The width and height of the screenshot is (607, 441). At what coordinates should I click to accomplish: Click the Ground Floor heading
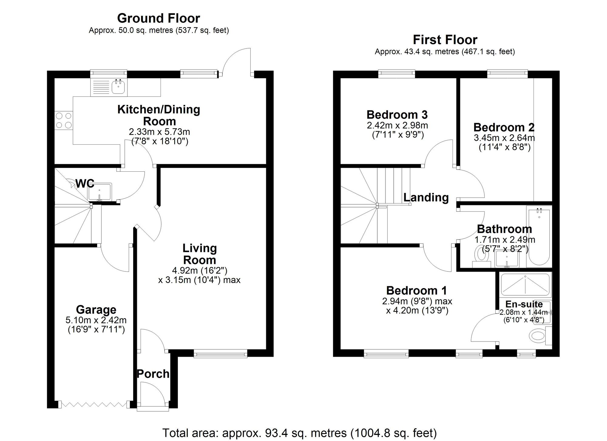pos(158,19)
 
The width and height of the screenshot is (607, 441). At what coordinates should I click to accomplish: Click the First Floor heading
pos(445,40)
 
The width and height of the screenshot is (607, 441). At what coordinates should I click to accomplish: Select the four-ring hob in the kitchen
pos(64,120)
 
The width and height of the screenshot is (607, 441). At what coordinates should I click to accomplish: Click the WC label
pos(85,183)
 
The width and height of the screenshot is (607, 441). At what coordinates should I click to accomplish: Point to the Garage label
pos(96,310)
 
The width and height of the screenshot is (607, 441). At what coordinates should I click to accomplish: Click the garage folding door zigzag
pos(94,404)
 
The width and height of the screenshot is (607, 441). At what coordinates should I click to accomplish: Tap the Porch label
pos(153,374)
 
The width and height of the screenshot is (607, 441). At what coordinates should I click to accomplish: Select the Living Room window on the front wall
pos(221,353)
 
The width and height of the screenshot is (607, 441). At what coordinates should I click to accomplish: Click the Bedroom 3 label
pos(397,115)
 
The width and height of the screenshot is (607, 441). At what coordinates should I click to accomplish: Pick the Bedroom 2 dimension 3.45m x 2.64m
pos(504,138)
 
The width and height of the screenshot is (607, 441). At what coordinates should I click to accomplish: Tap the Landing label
pos(426,197)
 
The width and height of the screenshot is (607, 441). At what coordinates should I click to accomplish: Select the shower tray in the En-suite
pos(525,284)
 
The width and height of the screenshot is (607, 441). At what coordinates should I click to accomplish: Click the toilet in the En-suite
pos(538,336)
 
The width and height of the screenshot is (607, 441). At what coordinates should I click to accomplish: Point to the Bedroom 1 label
pos(416,291)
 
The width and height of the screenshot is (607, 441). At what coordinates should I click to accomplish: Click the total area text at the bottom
pos(299,433)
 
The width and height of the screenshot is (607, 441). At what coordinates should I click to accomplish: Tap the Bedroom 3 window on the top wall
pos(396,73)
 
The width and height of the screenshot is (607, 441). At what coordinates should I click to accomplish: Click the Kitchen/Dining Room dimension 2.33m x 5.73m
pos(159,132)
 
